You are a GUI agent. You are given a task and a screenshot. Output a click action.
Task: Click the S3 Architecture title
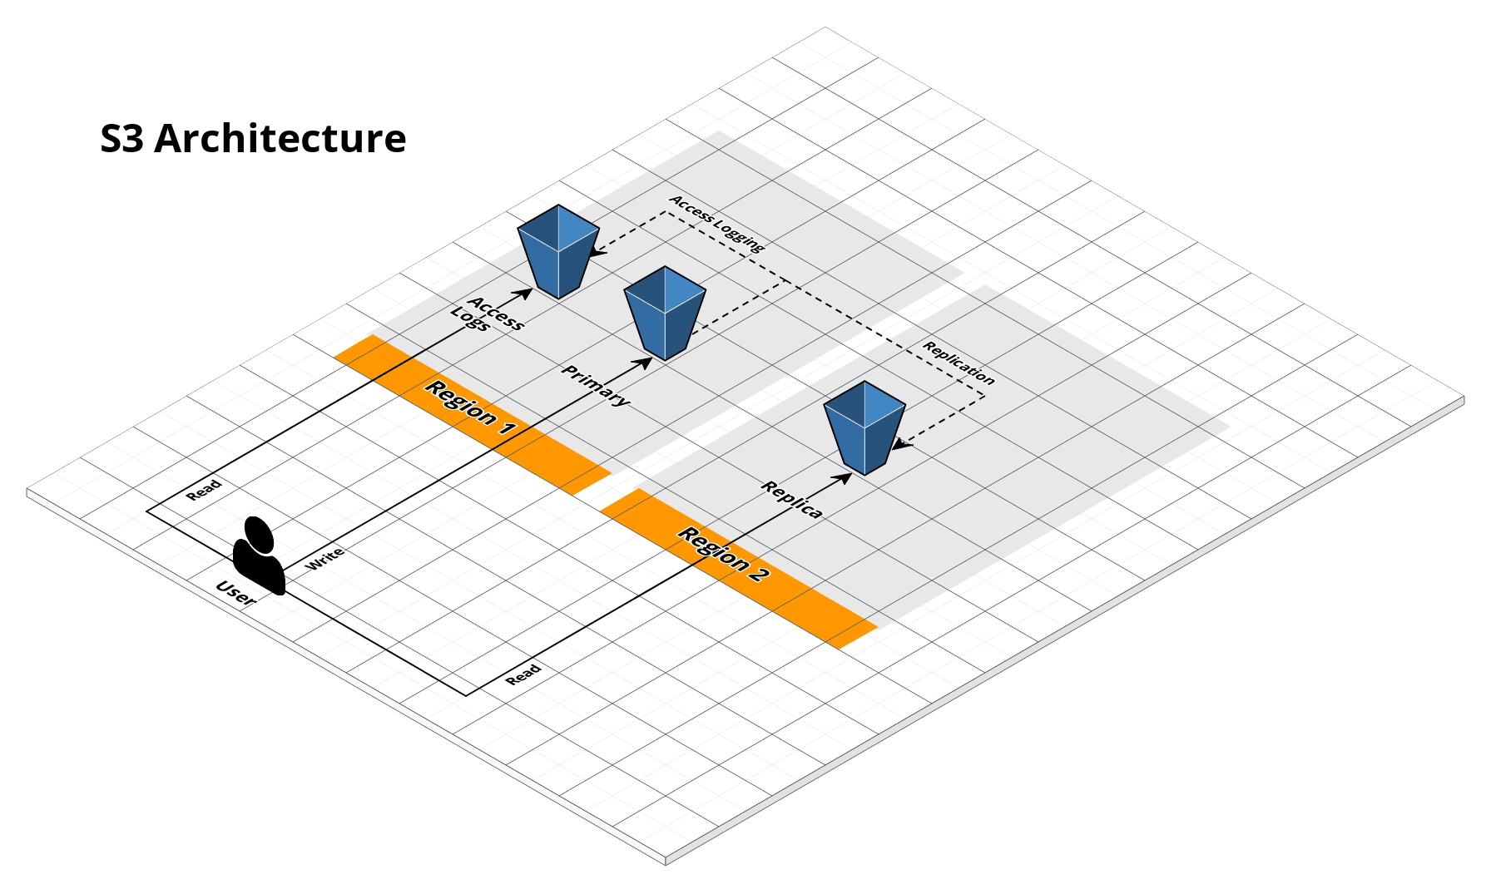(x=253, y=138)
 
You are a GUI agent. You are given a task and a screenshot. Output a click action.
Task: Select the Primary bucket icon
(x=665, y=313)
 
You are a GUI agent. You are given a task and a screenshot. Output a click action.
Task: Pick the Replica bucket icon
(x=864, y=427)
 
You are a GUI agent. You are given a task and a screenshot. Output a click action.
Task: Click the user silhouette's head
(x=259, y=535)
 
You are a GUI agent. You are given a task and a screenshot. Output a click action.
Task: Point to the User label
(x=235, y=593)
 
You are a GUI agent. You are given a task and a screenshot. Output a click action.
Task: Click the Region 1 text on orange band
(x=470, y=407)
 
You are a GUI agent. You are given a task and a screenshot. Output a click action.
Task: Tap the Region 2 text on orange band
(x=723, y=554)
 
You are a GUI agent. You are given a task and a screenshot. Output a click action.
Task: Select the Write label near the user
(x=324, y=559)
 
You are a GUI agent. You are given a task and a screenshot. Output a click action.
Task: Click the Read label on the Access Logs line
(x=204, y=490)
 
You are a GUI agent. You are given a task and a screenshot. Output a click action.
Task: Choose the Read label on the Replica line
(x=523, y=674)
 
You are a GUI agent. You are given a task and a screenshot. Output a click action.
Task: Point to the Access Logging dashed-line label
(x=716, y=224)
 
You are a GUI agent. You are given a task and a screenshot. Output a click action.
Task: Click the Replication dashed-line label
(x=958, y=363)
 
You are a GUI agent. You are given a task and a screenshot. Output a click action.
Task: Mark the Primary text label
(x=596, y=385)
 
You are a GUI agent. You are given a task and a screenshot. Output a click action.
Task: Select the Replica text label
(x=792, y=500)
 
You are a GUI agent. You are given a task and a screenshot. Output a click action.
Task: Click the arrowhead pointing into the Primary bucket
(x=644, y=362)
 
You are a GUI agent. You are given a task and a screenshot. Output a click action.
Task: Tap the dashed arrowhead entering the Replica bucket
(x=900, y=445)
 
